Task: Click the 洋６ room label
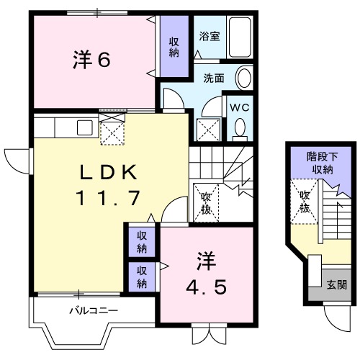click(91, 60)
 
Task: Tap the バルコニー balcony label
click(93, 311)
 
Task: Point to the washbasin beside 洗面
click(243, 78)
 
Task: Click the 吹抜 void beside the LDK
click(204, 202)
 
